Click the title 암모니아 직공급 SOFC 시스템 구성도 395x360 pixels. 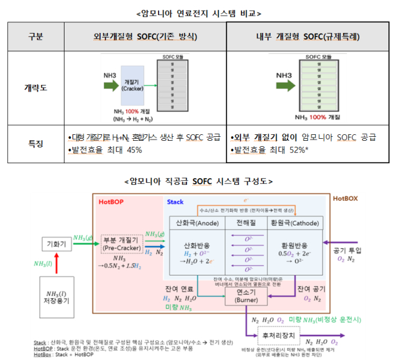(x=198, y=180)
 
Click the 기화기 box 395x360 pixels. (x=55, y=243)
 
